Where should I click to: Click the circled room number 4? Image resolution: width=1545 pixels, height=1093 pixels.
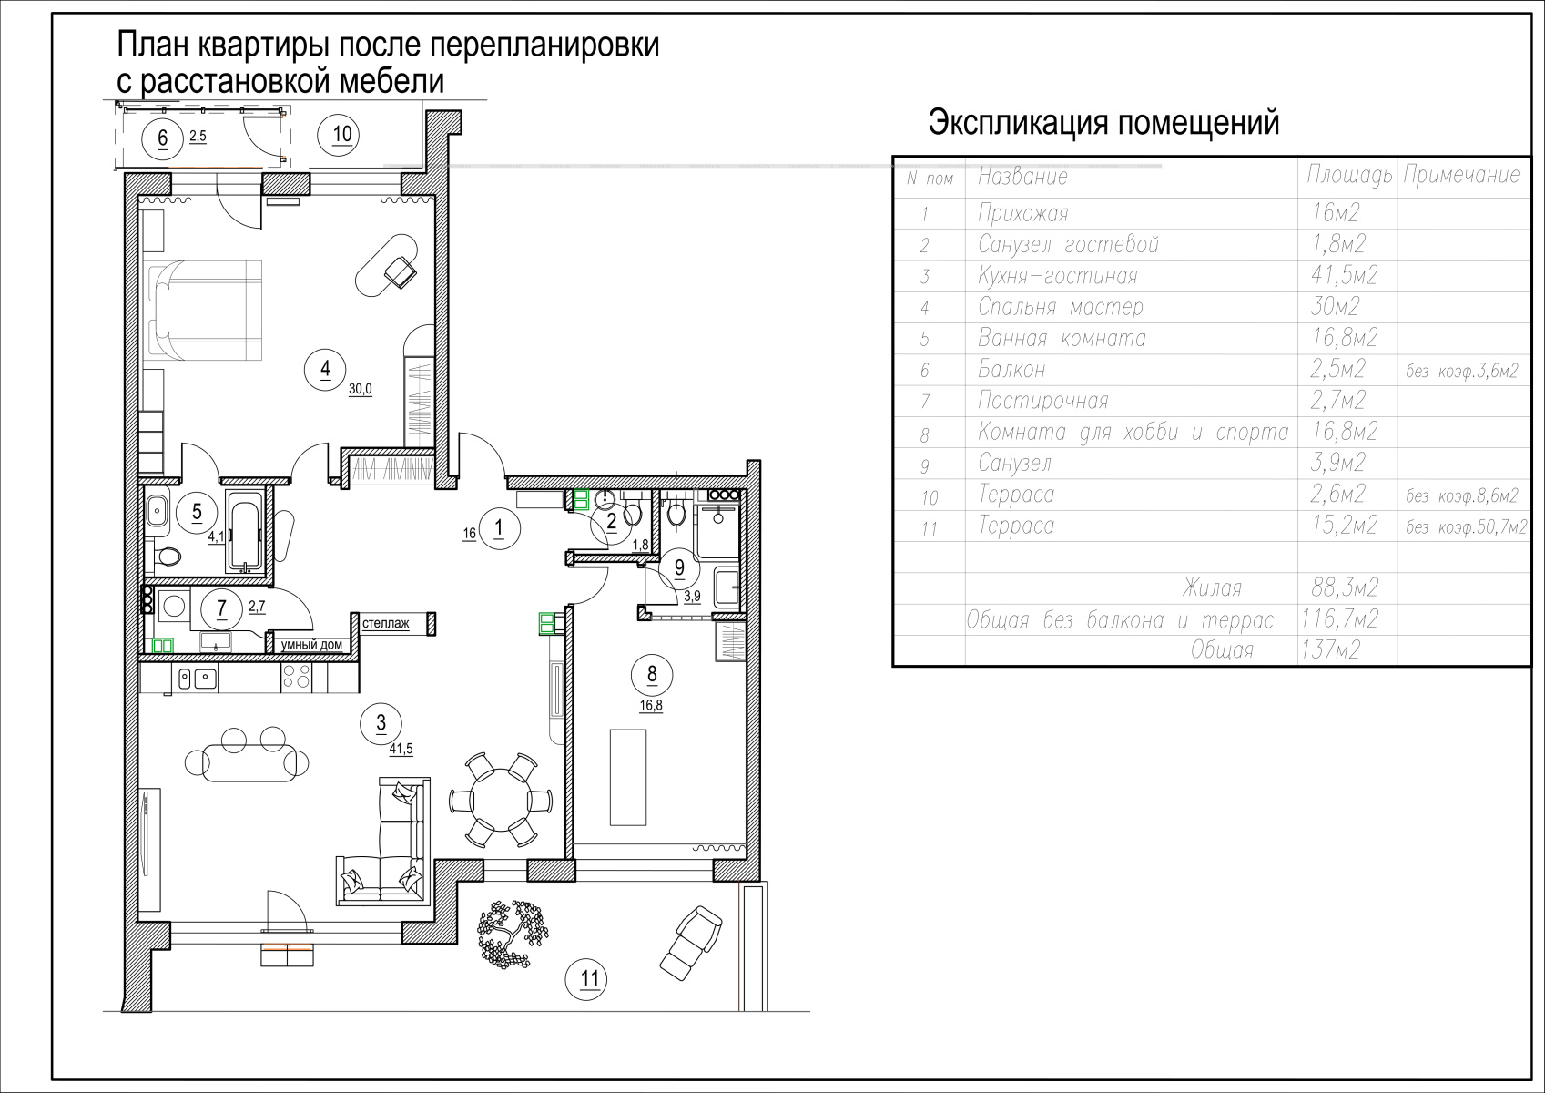(x=326, y=369)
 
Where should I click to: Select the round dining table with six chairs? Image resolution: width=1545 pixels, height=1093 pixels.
(x=500, y=801)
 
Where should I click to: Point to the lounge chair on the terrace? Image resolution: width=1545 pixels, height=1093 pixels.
(x=691, y=944)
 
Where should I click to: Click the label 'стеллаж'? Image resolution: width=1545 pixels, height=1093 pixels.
(x=385, y=624)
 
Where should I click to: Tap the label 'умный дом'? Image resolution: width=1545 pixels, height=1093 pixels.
(x=311, y=645)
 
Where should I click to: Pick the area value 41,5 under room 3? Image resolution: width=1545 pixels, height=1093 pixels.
(x=401, y=749)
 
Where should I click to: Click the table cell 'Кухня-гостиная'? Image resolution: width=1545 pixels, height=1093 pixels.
(x=1057, y=276)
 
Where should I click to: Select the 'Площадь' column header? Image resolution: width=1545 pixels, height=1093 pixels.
(x=1349, y=175)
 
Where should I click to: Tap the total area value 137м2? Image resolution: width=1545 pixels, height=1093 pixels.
(x=1330, y=650)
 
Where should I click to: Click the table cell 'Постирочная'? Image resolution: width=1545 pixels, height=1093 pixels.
(x=1042, y=400)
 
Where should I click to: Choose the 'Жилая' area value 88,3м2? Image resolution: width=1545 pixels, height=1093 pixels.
(x=1345, y=587)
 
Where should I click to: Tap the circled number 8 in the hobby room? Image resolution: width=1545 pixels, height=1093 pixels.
(x=652, y=674)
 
